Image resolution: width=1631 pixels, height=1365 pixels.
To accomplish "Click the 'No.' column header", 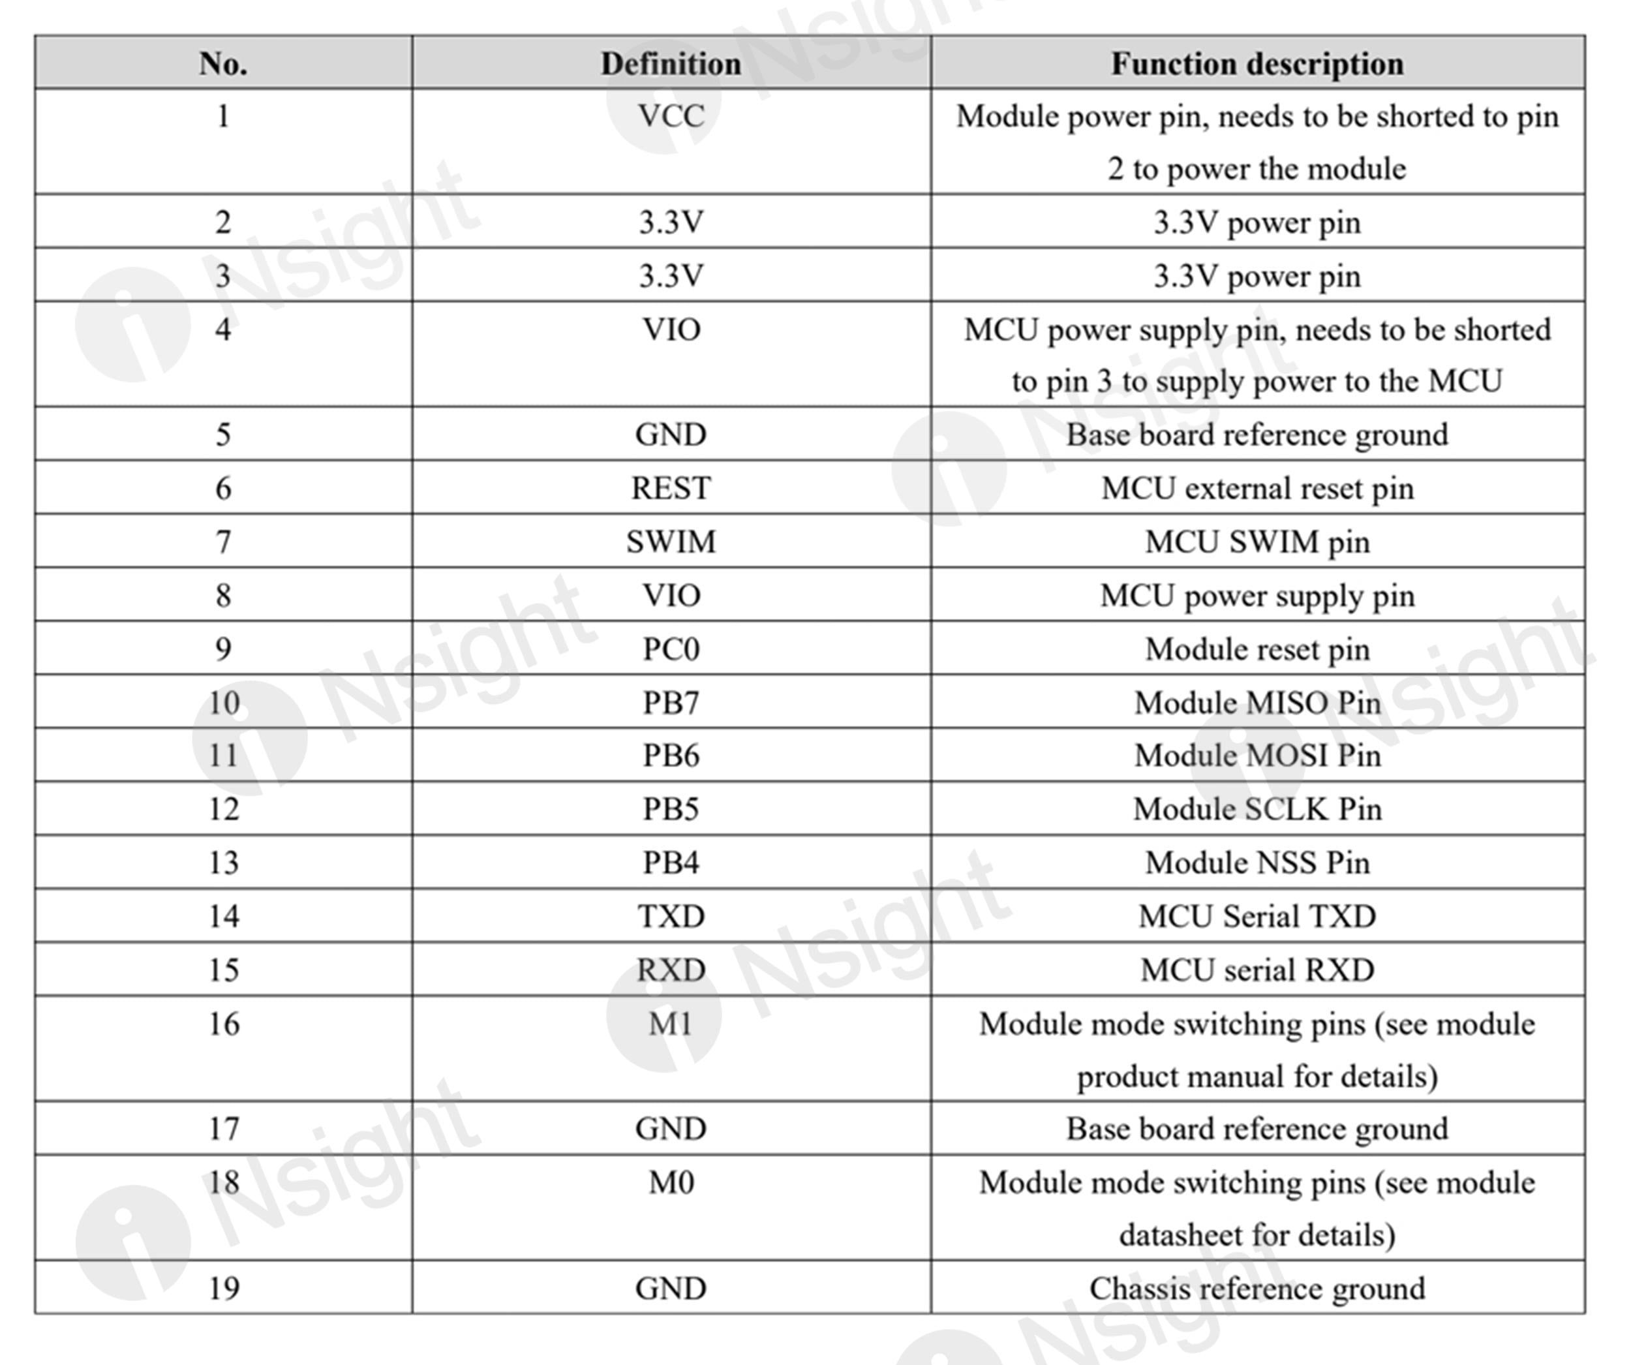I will [223, 63].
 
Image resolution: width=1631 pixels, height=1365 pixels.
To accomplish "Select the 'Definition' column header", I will [671, 63].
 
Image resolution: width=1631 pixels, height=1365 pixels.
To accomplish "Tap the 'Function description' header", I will [1257, 63].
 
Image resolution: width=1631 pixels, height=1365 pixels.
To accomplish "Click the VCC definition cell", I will [671, 117].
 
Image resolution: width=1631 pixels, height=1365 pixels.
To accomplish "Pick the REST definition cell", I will [671, 488].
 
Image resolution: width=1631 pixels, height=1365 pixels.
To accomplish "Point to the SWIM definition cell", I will [671, 542].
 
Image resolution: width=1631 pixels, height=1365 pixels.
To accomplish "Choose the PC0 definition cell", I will [671, 649].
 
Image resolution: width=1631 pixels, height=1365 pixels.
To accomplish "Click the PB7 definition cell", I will [671, 702].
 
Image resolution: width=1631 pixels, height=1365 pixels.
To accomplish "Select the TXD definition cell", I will [671, 916].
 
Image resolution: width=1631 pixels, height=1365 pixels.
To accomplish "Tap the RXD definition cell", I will [671, 970].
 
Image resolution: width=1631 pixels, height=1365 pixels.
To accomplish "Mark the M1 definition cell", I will [671, 1024].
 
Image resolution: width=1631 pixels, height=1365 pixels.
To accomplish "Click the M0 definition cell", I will [671, 1182].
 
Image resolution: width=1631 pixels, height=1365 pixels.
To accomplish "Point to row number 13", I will [223, 863].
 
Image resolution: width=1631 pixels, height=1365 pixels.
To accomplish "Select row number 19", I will [223, 1288].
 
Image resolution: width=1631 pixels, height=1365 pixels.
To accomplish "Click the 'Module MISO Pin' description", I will [1257, 702].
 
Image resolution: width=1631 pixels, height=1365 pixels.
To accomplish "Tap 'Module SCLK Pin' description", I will [1257, 808].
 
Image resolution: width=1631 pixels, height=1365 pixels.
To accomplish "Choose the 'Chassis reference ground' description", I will [1257, 1288].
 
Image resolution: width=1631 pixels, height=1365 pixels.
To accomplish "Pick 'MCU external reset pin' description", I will [1257, 488].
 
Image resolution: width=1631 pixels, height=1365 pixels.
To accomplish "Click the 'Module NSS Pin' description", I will [1257, 863].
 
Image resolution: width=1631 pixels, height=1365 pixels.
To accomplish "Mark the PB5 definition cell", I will [671, 808].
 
